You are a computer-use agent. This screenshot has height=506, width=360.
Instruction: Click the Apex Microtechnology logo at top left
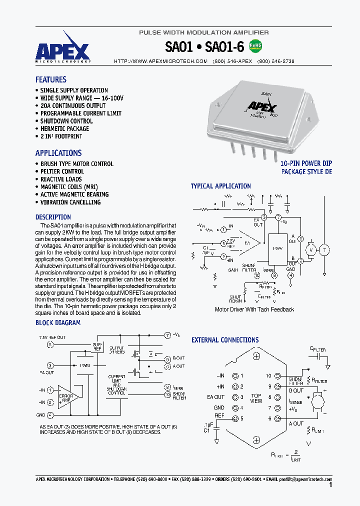point(62,49)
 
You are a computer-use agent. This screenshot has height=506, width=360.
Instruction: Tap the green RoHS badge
point(255,46)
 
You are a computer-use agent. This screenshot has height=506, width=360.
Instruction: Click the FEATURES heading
point(50,79)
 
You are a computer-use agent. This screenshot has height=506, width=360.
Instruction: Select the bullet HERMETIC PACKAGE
point(64,128)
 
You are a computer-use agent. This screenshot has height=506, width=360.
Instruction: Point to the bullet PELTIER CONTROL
point(62,171)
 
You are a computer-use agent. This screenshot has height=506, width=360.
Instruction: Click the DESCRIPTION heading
point(53,217)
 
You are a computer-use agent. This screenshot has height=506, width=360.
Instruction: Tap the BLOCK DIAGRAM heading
point(58,322)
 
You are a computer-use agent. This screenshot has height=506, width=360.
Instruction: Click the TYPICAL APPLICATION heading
point(220,186)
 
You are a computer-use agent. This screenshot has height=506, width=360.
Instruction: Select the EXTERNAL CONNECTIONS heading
point(225,340)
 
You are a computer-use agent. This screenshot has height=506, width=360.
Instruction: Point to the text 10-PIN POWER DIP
point(305,163)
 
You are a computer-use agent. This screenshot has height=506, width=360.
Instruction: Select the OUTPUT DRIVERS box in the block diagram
point(116,350)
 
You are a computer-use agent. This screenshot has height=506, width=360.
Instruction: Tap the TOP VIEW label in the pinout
point(256,398)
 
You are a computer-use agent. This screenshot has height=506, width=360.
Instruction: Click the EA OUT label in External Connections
point(219,397)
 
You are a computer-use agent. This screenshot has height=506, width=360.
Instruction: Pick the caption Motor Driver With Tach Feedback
point(254,309)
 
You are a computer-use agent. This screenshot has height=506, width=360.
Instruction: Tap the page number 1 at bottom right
point(330,484)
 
